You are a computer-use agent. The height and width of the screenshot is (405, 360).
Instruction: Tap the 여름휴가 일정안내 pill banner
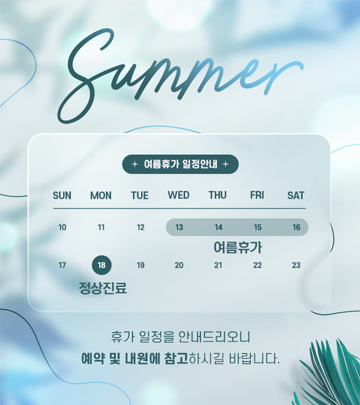click(x=180, y=164)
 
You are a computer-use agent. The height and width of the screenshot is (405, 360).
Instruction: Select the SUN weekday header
click(x=62, y=196)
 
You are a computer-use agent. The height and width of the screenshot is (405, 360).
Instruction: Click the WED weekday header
click(x=178, y=195)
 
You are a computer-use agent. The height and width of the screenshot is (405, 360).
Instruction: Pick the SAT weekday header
click(x=296, y=196)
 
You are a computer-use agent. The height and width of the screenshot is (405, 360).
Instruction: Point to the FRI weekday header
click(x=257, y=195)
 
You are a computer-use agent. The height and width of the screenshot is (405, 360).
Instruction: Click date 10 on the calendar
click(x=62, y=227)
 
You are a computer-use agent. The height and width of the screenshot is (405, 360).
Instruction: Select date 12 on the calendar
click(x=140, y=227)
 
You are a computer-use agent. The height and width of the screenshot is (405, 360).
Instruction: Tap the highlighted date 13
click(x=179, y=227)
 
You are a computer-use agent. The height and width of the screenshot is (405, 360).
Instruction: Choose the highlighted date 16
click(x=296, y=227)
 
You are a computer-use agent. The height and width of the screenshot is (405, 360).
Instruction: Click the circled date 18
click(x=102, y=265)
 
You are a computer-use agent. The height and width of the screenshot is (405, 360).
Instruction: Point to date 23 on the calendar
click(x=296, y=265)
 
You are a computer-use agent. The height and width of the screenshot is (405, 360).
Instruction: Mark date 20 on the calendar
click(x=179, y=265)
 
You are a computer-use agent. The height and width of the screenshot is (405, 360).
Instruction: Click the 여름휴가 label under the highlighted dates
click(x=238, y=247)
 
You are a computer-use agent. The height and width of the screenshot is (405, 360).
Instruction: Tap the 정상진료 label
click(x=103, y=288)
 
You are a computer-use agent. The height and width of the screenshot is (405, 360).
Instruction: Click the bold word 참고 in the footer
click(x=176, y=359)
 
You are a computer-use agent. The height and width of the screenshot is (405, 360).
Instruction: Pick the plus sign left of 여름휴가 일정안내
click(x=134, y=164)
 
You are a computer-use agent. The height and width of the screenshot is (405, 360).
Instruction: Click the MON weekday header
click(x=101, y=196)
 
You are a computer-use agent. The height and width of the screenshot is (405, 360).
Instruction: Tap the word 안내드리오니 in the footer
click(x=214, y=337)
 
